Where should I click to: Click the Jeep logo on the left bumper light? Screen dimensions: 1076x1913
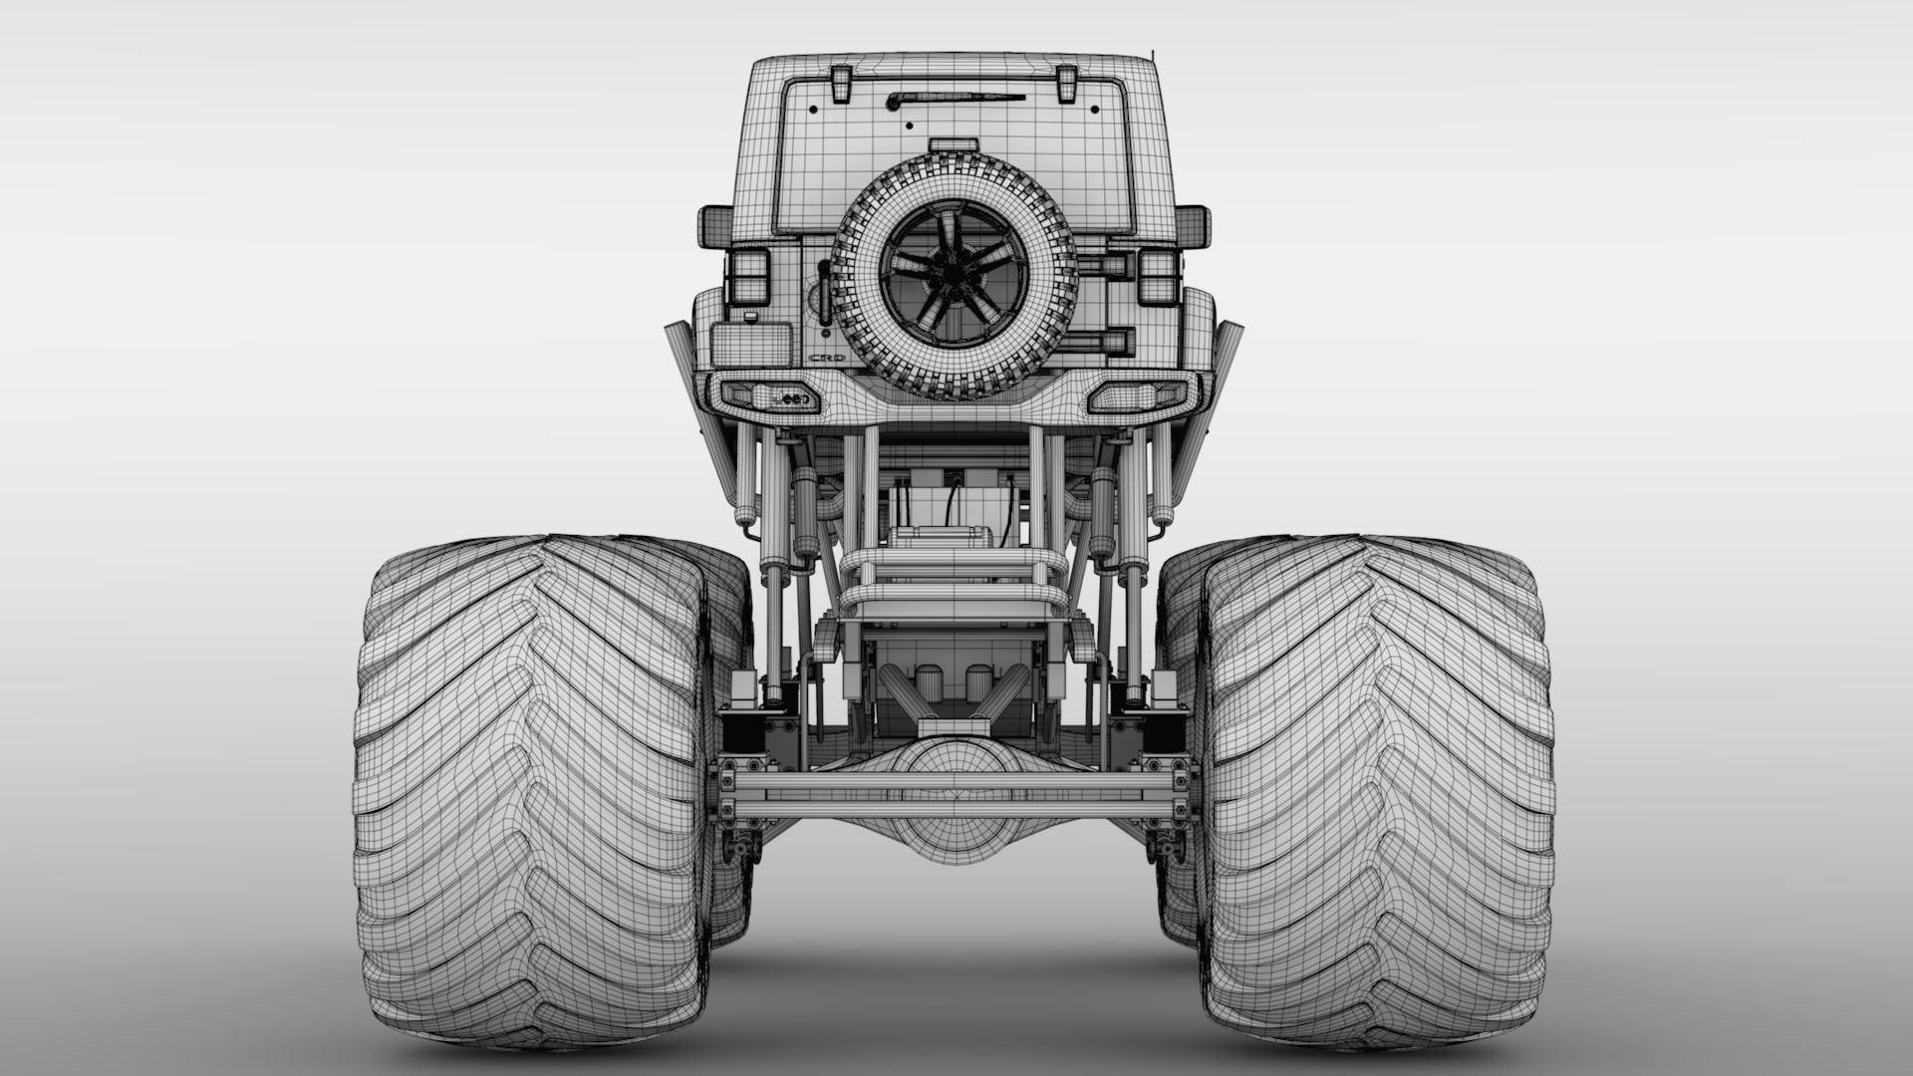(x=789, y=398)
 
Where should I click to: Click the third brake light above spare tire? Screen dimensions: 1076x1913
(x=954, y=145)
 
